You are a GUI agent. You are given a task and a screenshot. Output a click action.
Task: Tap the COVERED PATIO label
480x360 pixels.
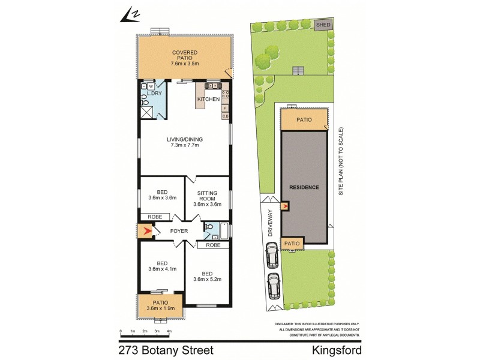pos(185,57)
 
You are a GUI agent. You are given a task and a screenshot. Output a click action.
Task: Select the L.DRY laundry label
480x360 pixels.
pos(155,94)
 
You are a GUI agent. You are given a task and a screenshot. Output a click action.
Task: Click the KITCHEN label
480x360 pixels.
pos(208,99)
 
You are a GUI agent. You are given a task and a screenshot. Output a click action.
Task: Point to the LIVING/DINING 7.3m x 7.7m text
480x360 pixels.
pos(185,143)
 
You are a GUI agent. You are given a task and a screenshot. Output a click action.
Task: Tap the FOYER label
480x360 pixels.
pos(179,230)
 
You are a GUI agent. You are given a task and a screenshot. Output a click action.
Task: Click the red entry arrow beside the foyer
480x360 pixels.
pos(144,230)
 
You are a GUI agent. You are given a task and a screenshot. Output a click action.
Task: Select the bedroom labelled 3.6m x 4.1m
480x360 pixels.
pos(161,266)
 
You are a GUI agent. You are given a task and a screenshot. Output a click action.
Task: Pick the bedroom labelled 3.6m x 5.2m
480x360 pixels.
pos(207,277)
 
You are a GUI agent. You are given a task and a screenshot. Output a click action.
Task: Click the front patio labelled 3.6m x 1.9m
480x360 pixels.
pos(161,305)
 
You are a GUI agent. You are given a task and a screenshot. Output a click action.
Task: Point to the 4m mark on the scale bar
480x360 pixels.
pos(169,331)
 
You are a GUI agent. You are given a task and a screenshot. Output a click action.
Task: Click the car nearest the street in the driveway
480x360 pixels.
pos(274,286)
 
